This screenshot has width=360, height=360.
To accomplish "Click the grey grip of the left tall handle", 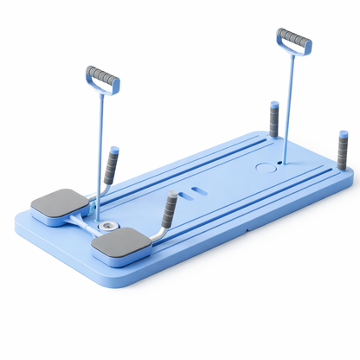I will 104,76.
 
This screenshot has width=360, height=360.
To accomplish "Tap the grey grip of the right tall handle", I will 294,39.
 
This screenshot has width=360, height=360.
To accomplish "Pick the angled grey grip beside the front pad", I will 170,209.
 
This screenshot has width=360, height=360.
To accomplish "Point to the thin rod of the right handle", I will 286,104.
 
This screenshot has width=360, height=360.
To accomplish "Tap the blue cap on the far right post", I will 344,134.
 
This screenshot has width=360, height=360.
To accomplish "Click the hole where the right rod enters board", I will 280,162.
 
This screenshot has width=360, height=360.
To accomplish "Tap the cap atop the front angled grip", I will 173,196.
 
